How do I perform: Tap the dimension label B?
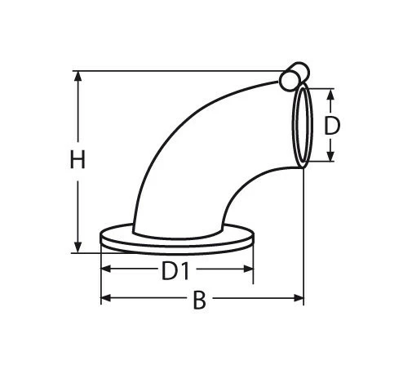click(199, 301)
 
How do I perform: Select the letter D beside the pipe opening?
click(332, 127)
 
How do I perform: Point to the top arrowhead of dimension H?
click(78, 76)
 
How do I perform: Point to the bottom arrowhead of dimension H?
click(78, 247)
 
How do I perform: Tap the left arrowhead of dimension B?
click(105, 301)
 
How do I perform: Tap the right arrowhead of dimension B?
click(299, 301)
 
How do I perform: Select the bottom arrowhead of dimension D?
click(332, 158)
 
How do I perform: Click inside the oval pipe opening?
click(303, 127)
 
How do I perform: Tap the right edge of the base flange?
click(253, 239)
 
